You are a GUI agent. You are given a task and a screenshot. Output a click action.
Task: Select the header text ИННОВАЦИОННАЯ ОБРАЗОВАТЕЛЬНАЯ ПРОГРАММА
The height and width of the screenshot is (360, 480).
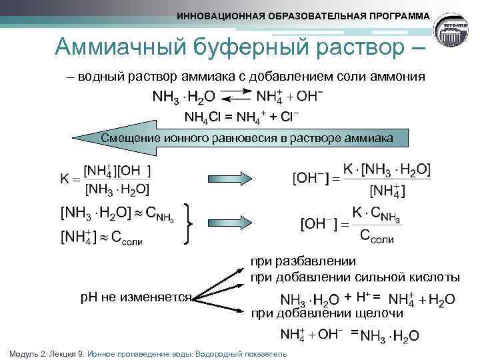(303, 16)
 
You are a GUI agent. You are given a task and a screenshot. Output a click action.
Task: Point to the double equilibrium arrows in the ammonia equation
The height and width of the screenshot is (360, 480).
(231, 97)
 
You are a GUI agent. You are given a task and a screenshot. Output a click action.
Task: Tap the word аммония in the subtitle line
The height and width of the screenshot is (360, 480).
(398, 77)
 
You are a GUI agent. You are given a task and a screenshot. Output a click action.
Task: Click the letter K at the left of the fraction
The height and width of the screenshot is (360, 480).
(65, 179)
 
